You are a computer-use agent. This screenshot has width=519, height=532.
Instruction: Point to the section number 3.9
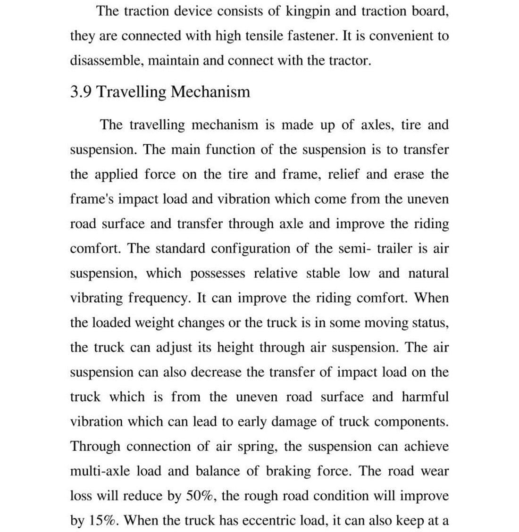coord(81,91)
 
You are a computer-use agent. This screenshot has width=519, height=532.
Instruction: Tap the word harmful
coord(425,397)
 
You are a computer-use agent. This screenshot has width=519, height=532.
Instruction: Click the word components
coord(411,422)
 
